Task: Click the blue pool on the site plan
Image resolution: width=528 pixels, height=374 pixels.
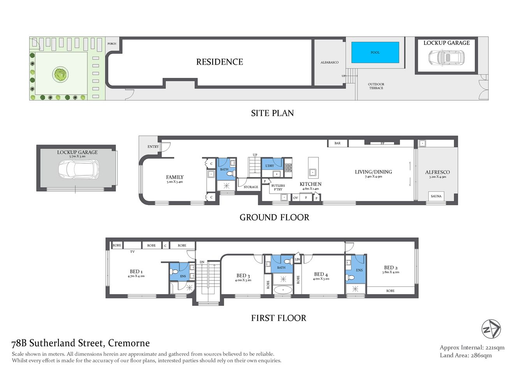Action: pos(375,52)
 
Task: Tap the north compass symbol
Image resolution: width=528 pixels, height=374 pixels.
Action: pos(491,329)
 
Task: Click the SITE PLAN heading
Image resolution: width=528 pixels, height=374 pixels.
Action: pos(272,113)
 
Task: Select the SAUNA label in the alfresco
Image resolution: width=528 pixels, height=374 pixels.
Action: pos(436,196)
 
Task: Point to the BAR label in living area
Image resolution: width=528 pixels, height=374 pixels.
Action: pos(337,143)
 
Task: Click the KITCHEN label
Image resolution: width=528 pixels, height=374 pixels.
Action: pos(310,184)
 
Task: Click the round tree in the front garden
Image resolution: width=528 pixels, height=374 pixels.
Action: pos(60,74)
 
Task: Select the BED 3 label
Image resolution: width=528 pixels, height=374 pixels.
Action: pos(243,276)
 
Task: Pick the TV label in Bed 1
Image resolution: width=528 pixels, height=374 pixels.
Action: pos(132,252)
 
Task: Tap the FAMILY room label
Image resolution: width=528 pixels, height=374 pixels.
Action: pos(174,177)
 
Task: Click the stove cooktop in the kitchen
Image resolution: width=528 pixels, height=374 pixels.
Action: pos(288,168)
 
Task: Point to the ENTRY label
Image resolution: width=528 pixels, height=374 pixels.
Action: pos(153,147)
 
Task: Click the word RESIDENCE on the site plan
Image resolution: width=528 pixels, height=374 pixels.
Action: pos(220,62)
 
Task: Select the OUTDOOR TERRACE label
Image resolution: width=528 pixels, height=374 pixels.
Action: pos(376,86)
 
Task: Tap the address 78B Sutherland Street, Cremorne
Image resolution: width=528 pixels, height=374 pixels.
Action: pos(81,343)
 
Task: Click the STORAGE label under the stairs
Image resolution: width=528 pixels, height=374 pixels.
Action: pos(251,187)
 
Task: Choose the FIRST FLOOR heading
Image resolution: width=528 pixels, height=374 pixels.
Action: pos(278,318)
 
